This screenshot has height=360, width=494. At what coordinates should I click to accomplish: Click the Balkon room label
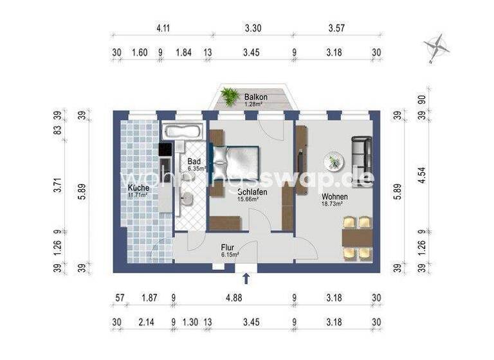tap(255, 97)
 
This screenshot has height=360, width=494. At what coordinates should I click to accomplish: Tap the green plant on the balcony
tap(230, 96)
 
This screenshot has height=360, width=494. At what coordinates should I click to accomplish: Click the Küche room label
tap(138, 187)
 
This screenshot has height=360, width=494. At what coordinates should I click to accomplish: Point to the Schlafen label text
tap(252, 192)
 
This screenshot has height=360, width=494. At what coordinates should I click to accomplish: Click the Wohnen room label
tap(335, 197)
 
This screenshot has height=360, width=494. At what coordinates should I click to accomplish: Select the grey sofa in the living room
tap(362, 153)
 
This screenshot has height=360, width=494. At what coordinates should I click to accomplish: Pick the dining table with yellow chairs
tap(356, 238)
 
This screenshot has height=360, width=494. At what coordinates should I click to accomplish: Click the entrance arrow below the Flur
tap(246, 278)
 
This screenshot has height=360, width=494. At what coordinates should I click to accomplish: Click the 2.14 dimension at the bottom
tap(145, 321)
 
